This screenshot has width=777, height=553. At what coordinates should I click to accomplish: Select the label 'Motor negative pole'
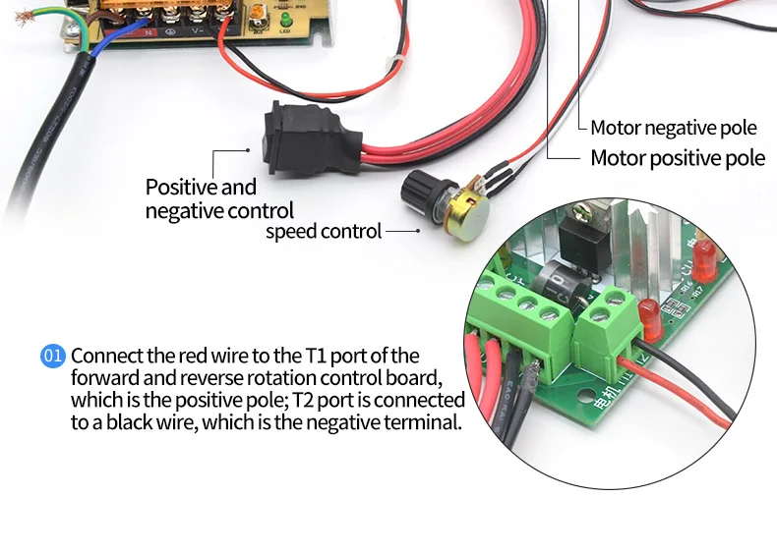(674, 128)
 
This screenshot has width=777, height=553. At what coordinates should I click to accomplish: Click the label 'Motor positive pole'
(677, 158)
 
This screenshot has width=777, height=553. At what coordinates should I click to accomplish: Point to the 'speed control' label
(323, 232)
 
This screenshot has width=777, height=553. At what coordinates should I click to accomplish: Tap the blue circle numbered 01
(52, 356)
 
